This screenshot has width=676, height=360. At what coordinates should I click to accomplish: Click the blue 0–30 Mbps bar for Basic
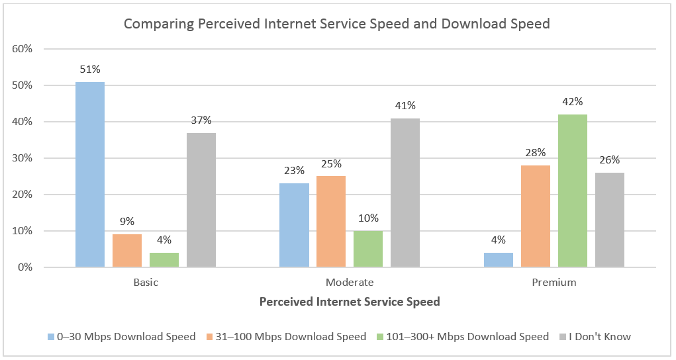coord(89,175)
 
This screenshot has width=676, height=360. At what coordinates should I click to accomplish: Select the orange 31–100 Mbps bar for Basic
coord(126,251)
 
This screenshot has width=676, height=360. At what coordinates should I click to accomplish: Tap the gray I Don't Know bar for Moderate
coord(405,193)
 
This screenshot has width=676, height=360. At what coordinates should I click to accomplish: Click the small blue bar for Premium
coord(498,260)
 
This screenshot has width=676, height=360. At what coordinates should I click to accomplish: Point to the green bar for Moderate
coord(367,249)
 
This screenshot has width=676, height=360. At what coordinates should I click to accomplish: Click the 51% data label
coord(89,69)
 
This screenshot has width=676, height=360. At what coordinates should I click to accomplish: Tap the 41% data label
coord(405,106)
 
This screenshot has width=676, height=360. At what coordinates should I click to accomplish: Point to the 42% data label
coord(572,102)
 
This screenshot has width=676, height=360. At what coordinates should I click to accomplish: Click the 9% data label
coord(126,222)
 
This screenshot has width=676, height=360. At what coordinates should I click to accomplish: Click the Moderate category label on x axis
coord(350,283)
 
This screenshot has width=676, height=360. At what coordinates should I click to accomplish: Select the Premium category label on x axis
coord(554,283)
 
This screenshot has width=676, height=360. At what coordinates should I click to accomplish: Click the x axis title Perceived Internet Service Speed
coord(350,302)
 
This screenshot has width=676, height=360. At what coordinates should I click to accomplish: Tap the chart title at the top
coord(337,24)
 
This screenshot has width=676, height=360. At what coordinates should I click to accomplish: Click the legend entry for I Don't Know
coord(599,337)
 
